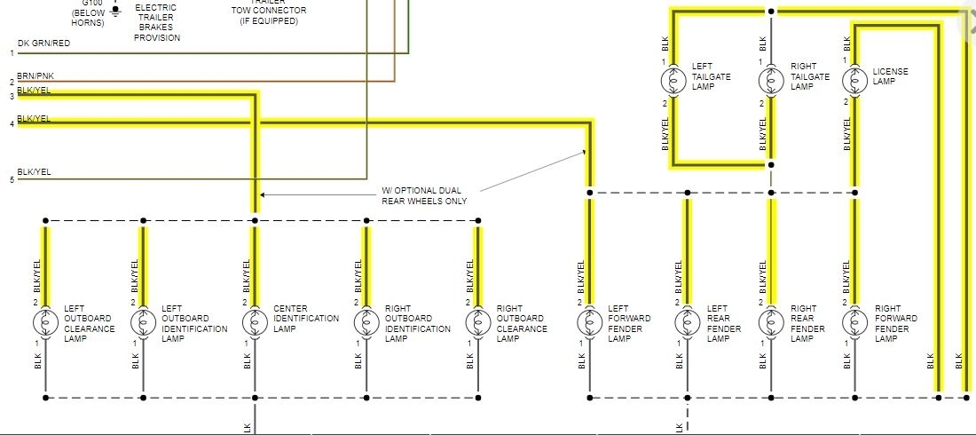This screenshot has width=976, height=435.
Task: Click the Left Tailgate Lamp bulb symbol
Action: click(674, 81)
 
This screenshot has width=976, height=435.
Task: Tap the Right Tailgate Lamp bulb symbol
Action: click(771, 81)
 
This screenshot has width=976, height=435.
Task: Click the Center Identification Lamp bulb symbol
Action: click(255, 321)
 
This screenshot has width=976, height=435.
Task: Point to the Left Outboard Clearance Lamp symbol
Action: click(45, 321)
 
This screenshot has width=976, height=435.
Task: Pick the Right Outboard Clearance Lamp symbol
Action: click(477, 321)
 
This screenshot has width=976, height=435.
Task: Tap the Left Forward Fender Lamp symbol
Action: click(589, 321)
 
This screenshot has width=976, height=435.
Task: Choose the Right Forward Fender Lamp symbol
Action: click(855, 321)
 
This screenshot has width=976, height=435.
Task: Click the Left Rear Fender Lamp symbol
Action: click(687, 321)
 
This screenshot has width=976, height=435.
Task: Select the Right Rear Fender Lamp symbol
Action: click(771, 321)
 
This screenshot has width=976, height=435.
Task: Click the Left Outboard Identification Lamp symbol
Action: click(142, 321)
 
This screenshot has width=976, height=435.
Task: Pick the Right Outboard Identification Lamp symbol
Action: click(365, 321)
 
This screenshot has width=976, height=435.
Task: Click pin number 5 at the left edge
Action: click(12, 180)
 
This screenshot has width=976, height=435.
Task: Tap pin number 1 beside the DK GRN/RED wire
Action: click(12, 53)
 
